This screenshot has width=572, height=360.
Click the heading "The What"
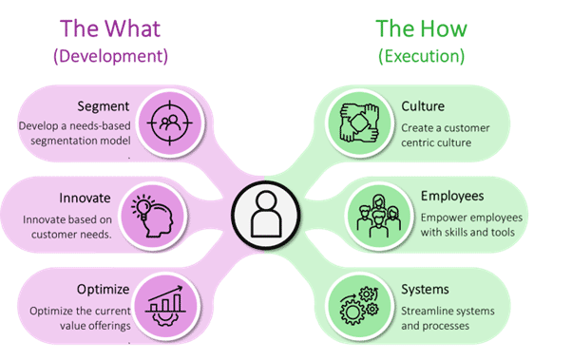coord(110,28)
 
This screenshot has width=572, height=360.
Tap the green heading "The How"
coord(421,28)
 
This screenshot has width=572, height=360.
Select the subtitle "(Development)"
coord(110,56)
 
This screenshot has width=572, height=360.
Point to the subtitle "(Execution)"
coord(421,56)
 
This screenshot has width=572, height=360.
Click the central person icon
coord(266,215)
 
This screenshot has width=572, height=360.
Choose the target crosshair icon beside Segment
coord(170,123)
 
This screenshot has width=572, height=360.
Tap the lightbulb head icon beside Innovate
coord(152,216)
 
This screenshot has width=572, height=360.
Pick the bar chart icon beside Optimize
coord(165,306)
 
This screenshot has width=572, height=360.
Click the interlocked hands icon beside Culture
coord(359,123)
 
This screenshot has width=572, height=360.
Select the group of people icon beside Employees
coord(379,216)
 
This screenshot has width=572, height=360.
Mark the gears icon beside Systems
coord(359,306)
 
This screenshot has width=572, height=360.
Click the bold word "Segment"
coord(104,106)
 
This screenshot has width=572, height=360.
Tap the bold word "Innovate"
coord(85,199)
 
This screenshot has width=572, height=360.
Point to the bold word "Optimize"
coord(104,290)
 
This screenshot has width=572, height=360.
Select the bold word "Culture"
coord(423,106)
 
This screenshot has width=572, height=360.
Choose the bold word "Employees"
coord(452,197)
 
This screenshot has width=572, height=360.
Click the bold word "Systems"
coord(425,290)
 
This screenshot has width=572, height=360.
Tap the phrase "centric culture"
coord(436,142)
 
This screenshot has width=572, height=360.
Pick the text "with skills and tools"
coord(467,233)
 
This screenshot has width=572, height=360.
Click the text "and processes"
coord(435,326)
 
